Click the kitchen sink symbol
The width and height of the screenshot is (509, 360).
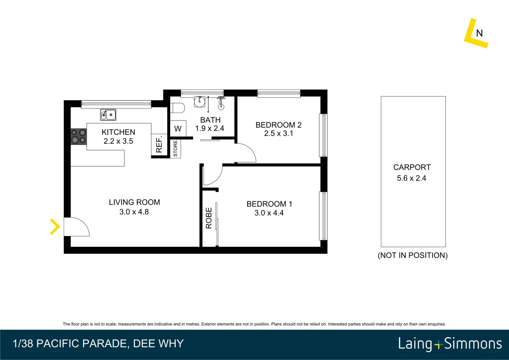pyautogui.click(x=108, y=115)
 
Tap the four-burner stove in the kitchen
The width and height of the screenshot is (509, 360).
pyautogui.click(x=79, y=136)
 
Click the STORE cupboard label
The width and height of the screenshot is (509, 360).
pyautogui.click(x=175, y=149)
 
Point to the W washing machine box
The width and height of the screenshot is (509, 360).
pyautogui.click(x=178, y=128)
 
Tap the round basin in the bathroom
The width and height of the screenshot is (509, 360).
pyautogui.click(x=200, y=101)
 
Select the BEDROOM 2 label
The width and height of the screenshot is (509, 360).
pyautogui.click(x=279, y=125)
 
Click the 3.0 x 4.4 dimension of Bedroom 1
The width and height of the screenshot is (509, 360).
pyautogui.click(x=269, y=213)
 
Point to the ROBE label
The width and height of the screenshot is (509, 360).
pyautogui.click(x=209, y=218)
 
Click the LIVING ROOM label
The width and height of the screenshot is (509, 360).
pyautogui.click(x=134, y=202)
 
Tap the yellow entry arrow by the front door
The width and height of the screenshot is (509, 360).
pyautogui.click(x=55, y=226)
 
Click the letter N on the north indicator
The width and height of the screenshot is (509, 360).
pyautogui.click(x=479, y=33)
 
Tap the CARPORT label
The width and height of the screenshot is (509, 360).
pyautogui.click(x=412, y=167)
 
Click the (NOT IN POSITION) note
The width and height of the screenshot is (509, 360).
pyautogui.click(x=413, y=255)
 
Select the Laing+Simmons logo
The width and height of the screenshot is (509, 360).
pyautogui.click(x=450, y=344)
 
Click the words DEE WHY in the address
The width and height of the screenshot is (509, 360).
pyautogui.click(x=158, y=343)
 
